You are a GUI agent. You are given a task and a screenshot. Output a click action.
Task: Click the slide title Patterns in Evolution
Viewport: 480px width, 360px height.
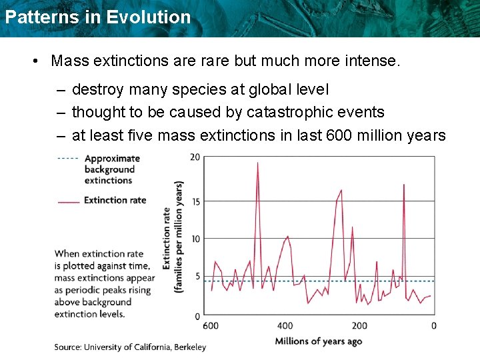(97, 17)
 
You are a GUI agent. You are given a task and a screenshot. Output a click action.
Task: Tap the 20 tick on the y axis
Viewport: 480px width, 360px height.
(195, 157)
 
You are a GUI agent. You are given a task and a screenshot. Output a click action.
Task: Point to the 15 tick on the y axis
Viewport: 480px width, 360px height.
(195, 201)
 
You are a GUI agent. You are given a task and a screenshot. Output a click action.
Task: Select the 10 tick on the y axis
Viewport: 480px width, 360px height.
(195, 239)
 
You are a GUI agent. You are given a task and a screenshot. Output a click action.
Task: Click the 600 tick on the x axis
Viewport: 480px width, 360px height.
(210, 325)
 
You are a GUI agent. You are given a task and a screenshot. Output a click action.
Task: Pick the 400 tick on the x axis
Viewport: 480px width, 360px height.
(285, 325)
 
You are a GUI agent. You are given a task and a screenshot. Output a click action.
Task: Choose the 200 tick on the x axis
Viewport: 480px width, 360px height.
(359, 325)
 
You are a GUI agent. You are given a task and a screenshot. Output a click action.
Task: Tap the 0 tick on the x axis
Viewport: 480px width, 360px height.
(434, 325)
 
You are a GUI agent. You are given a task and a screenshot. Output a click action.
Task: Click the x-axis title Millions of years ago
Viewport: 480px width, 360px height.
(319, 341)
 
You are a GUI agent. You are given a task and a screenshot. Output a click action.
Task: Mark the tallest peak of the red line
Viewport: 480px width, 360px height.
(257, 163)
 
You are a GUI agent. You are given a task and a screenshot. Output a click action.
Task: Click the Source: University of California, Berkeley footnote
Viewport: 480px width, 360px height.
(130, 347)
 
